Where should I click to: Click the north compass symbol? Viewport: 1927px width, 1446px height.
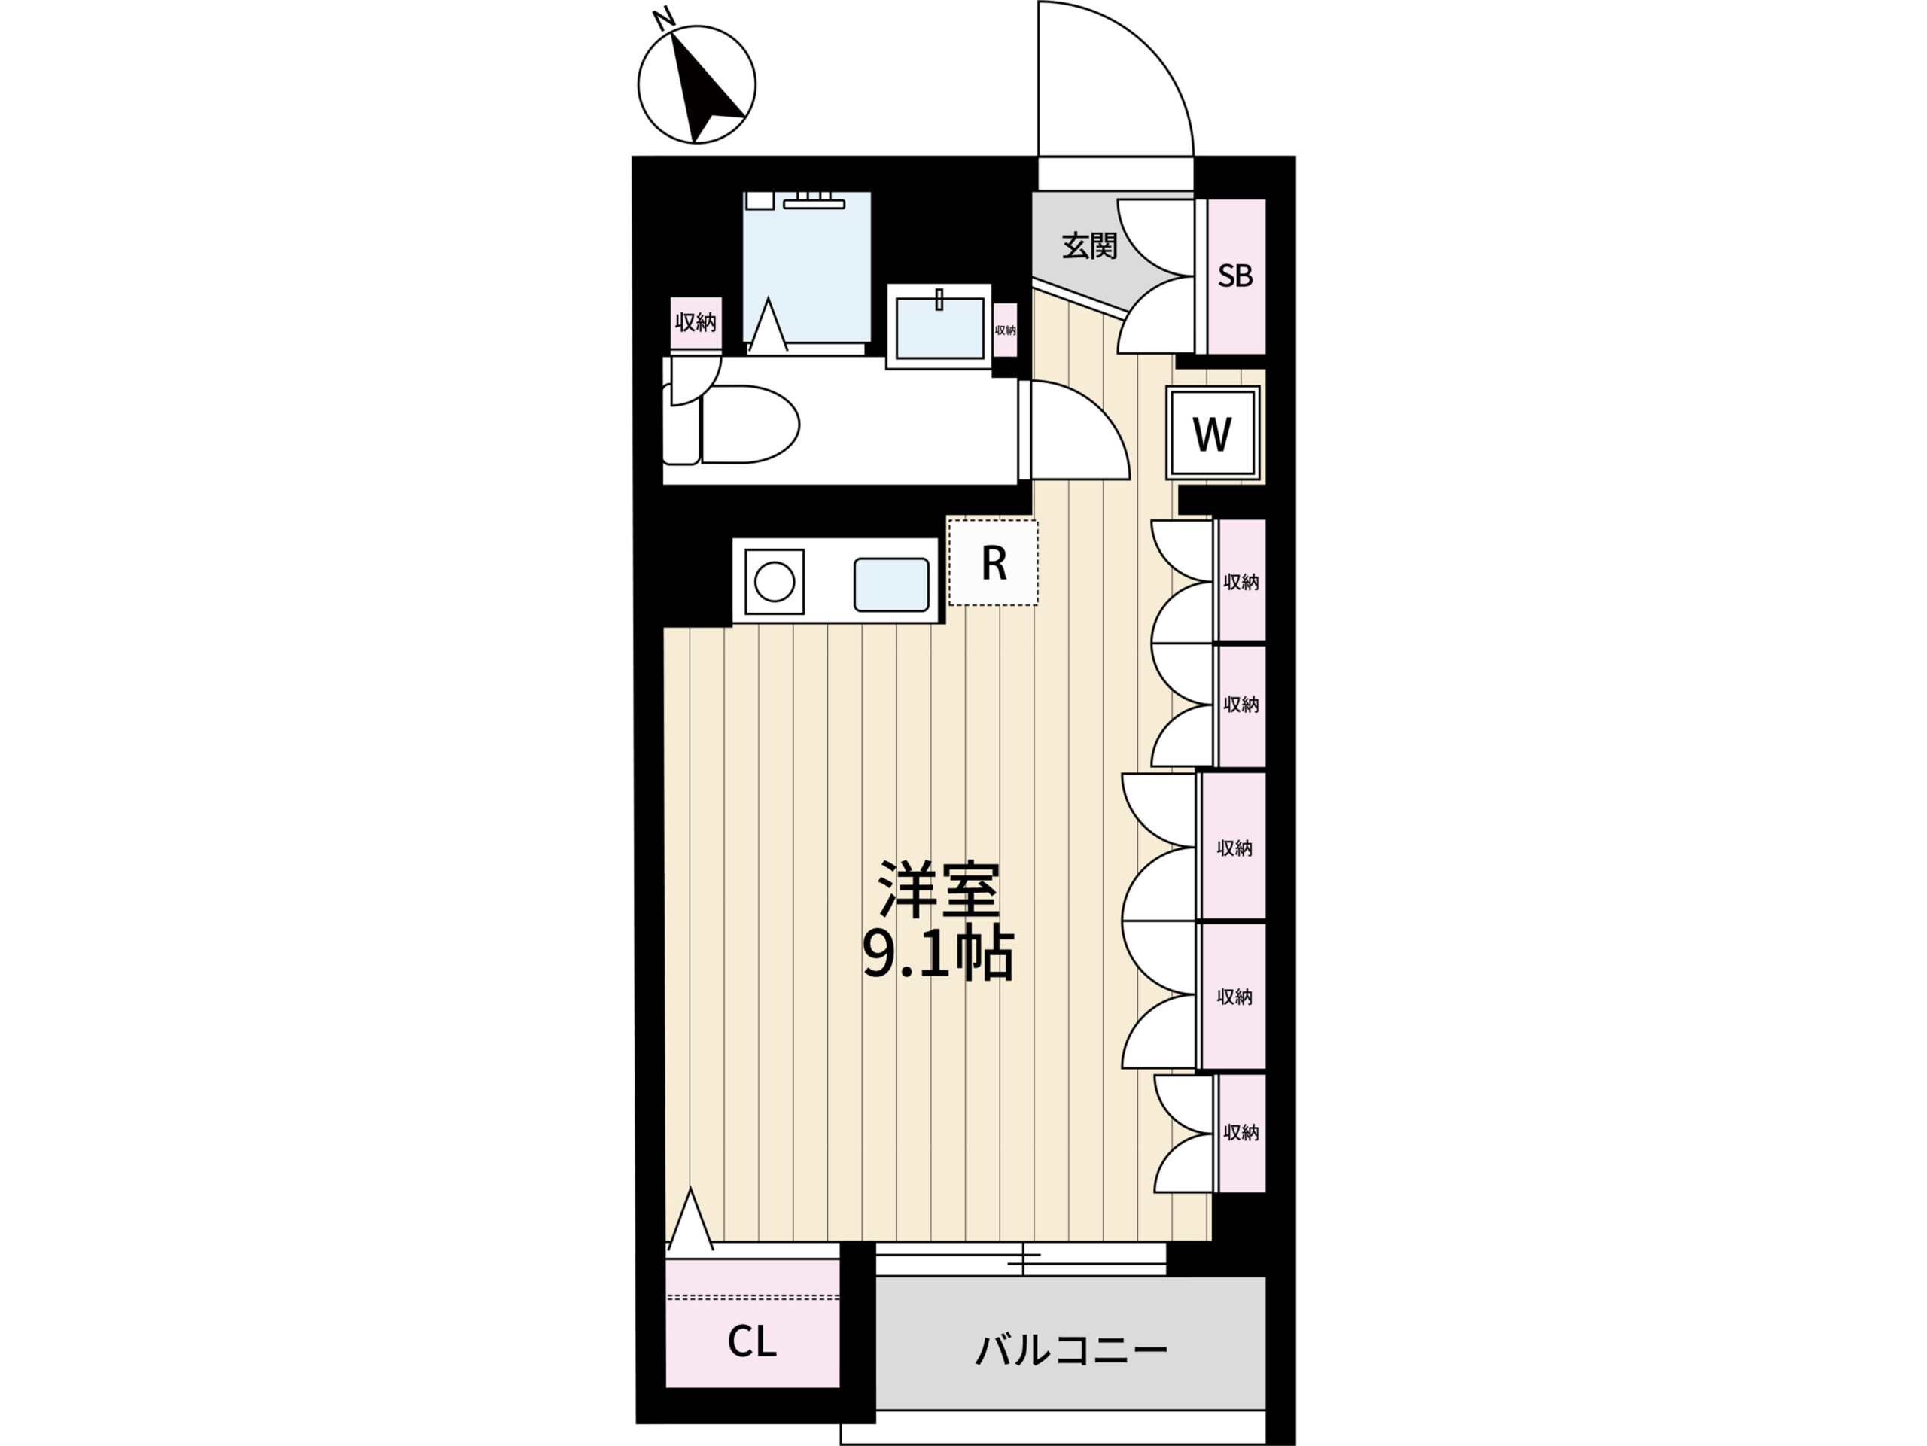(696, 84)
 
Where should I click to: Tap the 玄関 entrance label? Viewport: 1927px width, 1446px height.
(1089, 246)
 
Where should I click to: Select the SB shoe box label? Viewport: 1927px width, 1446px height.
(1234, 276)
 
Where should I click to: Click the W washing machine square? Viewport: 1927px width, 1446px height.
(1213, 433)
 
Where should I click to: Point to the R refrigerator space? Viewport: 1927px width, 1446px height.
(993, 563)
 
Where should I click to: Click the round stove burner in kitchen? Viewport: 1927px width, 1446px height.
(775, 581)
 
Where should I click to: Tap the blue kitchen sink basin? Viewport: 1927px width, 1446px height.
(891, 583)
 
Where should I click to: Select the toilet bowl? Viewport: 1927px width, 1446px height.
(749, 425)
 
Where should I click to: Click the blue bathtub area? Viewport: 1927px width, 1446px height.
(807, 266)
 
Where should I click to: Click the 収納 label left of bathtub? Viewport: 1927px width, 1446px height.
(696, 322)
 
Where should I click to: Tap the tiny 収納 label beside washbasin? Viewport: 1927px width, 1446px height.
(1006, 330)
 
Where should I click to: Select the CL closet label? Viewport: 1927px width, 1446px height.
(752, 1342)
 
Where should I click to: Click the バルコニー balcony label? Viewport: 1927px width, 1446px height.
(1070, 1350)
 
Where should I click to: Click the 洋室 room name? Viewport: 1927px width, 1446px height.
(938, 890)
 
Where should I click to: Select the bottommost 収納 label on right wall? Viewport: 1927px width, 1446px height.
(1241, 1132)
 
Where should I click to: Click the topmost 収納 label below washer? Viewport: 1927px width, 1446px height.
(1241, 582)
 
